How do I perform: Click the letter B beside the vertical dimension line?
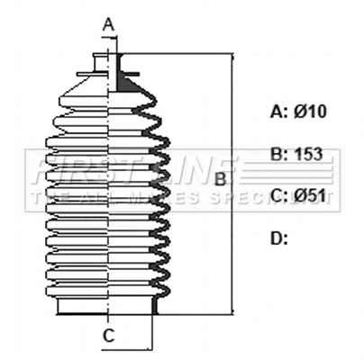tap(219, 181)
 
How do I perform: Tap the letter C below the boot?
tap(108, 336)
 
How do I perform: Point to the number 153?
tap(310, 154)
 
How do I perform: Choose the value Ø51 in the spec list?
tap(312, 196)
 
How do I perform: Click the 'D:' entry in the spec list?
tap(279, 238)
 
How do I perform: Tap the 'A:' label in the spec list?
tap(279, 112)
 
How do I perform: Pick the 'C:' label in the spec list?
tap(279, 196)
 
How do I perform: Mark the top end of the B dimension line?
tap(234, 54)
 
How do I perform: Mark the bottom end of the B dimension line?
tap(234, 316)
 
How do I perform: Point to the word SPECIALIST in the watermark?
tap(270, 194)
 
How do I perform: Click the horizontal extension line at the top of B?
tap(180, 53)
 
